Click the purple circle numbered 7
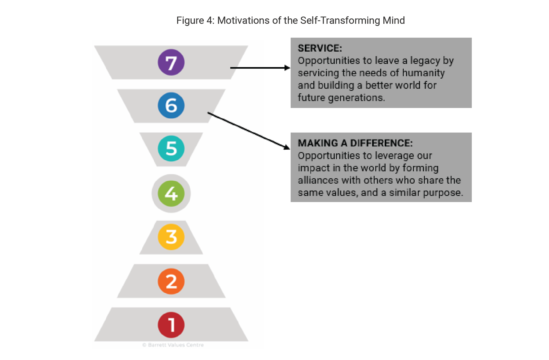click(x=171, y=63)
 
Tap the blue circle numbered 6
click(x=171, y=105)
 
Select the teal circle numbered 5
click(x=171, y=148)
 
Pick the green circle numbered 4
click(x=171, y=193)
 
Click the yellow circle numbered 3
click(x=171, y=237)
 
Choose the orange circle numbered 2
click(x=171, y=281)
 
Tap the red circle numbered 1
click(x=171, y=325)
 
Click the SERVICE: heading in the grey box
click(x=320, y=48)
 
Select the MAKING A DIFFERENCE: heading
click(x=355, y=143)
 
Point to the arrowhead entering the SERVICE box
click(x=287, y=68)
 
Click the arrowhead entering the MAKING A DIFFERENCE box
click(x=287, y=147)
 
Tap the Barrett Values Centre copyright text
click(x=173, y=345)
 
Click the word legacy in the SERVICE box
click(x=425, y=61)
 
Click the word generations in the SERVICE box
click(x=356, y=98)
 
